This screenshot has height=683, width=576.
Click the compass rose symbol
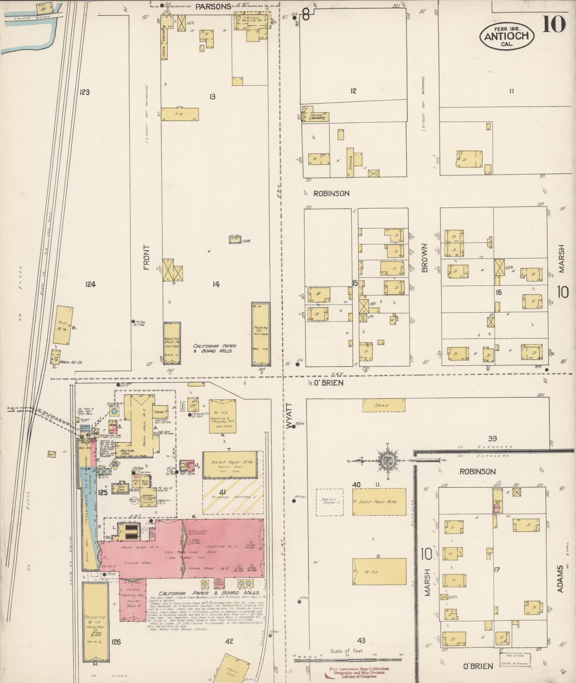(387, 461)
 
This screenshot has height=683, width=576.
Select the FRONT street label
(147, 257)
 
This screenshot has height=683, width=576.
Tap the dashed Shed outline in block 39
(384, 405)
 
